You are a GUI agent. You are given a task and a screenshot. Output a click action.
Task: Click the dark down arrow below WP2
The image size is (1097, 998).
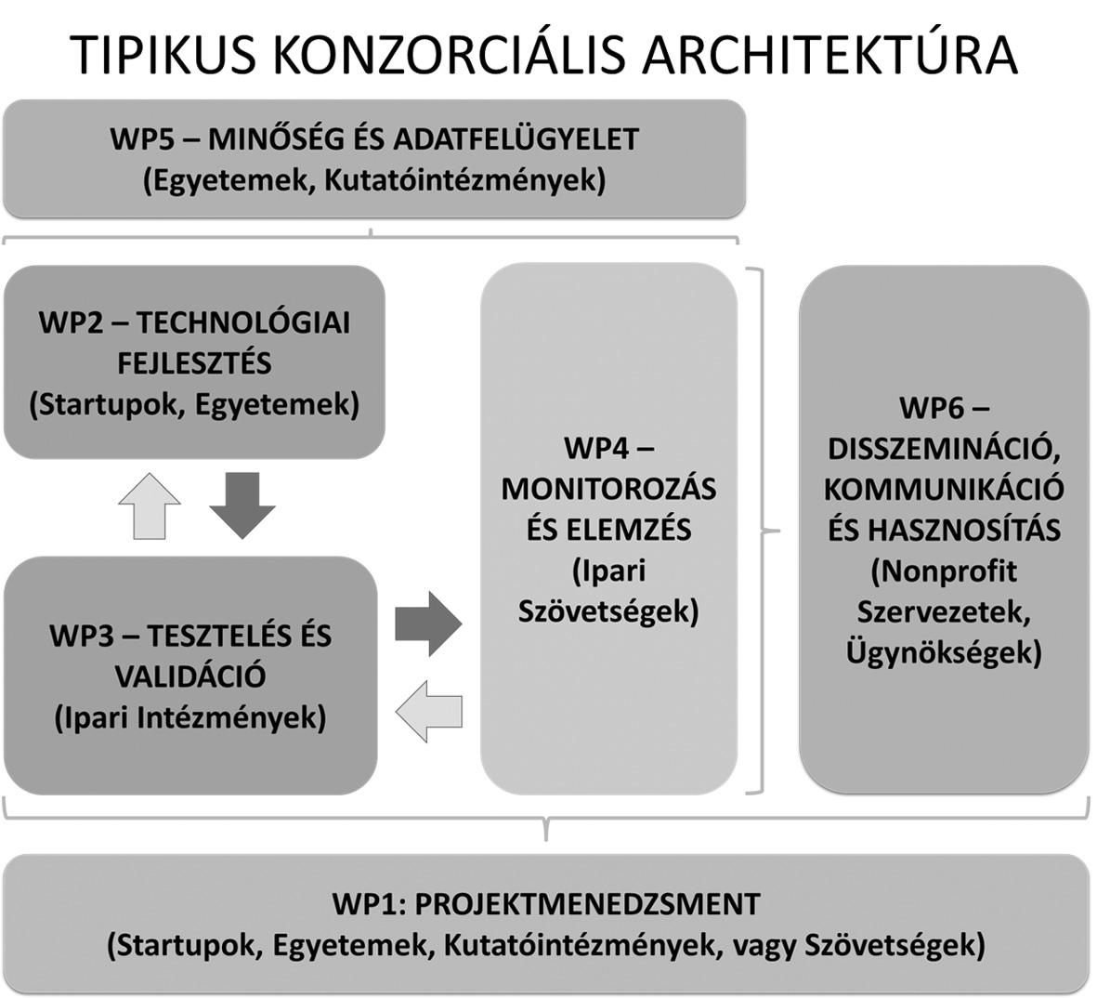(242, 506)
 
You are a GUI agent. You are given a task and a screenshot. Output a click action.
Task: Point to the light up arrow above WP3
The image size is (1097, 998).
(149, 506)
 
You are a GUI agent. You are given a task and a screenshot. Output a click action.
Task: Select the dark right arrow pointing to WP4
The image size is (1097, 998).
(428, 624)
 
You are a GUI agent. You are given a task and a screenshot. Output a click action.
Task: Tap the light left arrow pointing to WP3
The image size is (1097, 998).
(428, 711)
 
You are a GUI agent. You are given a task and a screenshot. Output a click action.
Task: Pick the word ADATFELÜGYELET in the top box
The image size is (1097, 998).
(516, 138)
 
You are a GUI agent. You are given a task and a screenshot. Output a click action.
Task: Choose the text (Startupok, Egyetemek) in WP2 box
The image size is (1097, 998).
(194, 405)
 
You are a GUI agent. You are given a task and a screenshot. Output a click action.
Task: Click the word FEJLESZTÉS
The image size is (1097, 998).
(194, 364)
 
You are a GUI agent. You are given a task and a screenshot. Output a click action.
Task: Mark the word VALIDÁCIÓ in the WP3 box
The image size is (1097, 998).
(190, 676)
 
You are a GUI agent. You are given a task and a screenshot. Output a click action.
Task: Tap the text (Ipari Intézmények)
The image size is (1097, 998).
(190, 718)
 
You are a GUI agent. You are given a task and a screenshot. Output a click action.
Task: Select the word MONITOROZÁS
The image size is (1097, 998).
(608, 489)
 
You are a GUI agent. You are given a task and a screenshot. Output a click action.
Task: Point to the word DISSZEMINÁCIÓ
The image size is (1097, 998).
(944, 448)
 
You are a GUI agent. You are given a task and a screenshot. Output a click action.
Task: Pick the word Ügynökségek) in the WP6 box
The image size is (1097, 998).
(944, 653)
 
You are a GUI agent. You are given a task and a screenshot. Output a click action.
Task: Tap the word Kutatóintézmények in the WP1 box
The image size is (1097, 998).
(580, 946)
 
